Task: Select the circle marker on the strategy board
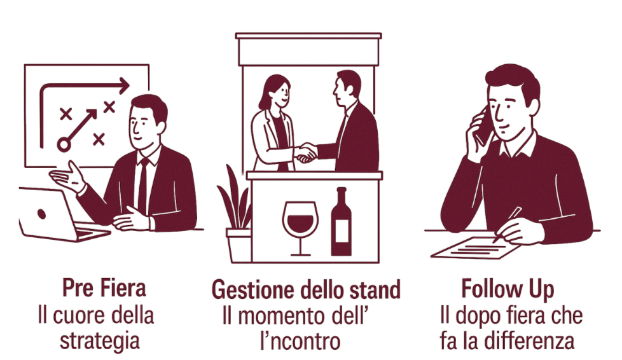[x=64, y=144]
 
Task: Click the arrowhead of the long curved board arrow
[x=124, y=85]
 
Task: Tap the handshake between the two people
[x=307, y=153]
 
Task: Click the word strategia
[x=100, y=342]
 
